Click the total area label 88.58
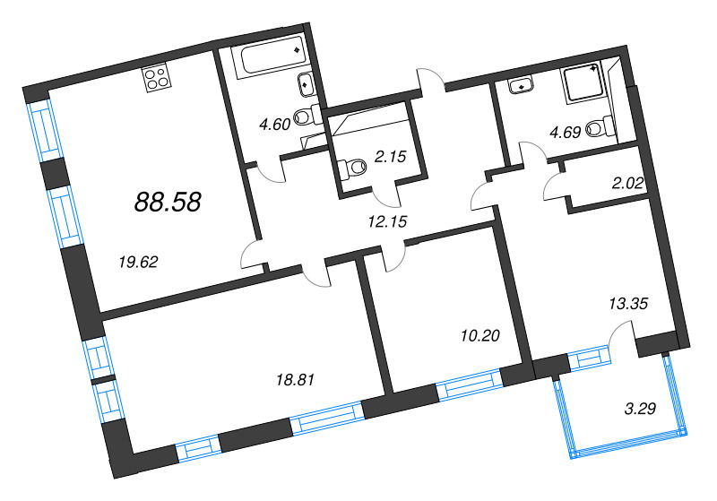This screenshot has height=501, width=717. [167, 202]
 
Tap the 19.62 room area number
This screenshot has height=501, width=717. [138, 262]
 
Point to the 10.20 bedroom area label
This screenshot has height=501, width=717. [477, 336]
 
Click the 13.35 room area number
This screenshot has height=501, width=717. [627, 304]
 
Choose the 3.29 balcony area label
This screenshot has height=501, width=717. [640, 411]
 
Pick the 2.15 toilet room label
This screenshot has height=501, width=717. [392, 157]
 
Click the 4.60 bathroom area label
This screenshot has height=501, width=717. [273, 125]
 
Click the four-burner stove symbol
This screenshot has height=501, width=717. [156, 78]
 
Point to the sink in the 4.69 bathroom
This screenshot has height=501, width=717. [520, 86]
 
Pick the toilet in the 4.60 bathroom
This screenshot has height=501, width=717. [307, 115]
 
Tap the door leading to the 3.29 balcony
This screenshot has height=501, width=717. [620, 341]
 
